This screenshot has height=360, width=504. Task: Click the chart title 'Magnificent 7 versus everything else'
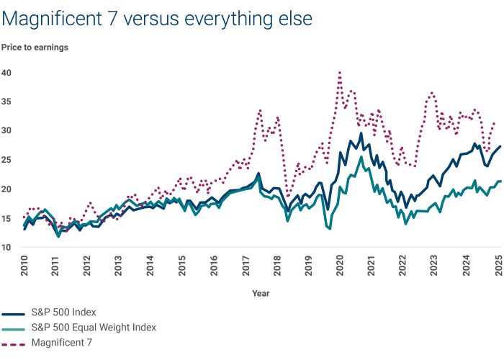coord(157,19)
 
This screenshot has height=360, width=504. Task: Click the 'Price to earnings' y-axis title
coord(35,48)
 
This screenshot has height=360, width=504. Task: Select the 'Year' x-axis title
coord(261,293)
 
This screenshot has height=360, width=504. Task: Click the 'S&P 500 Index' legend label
coord(63,312)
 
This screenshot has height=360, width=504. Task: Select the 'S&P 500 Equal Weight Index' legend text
coord(94,328)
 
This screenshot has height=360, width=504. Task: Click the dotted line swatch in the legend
coord(14,343)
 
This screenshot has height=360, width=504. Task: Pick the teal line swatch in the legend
coord(14,328)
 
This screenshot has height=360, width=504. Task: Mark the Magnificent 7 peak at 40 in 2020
coord(339,72)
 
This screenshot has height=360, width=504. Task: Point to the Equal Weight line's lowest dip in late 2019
coord(329,229)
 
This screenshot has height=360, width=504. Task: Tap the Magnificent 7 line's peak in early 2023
coord(431,93)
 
